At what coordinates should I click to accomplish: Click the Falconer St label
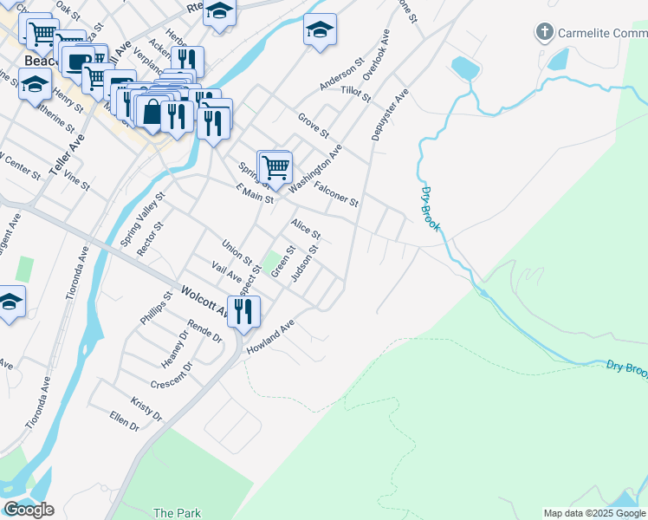pos(336,194)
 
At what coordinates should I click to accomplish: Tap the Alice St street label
pos(306,230)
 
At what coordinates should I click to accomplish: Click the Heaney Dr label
pos(174,348)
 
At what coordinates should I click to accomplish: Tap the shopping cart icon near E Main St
pos(275,166)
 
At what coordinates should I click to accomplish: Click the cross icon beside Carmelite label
pos(544,34)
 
